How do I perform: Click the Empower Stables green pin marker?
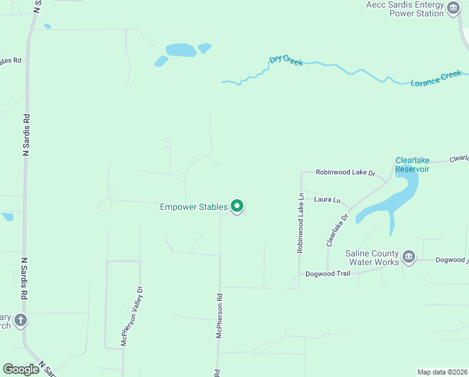pos(237,205)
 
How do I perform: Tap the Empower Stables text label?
pos(193,206)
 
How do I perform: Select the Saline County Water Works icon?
pos(409,256)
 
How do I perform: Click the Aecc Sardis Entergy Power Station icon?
pos(453,9)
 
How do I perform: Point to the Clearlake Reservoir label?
pos(412,165)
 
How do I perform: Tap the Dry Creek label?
pos(286,60)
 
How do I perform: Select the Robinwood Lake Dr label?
pos(345,172)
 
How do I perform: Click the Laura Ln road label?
pos(327,200)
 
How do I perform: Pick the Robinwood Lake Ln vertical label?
pos(300,222)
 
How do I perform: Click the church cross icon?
pos(20,320)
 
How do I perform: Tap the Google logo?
pos(21,369)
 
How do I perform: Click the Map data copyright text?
pos(442,372)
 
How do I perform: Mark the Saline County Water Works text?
pos(372,258)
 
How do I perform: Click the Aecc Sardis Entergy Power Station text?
pos(405,9)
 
